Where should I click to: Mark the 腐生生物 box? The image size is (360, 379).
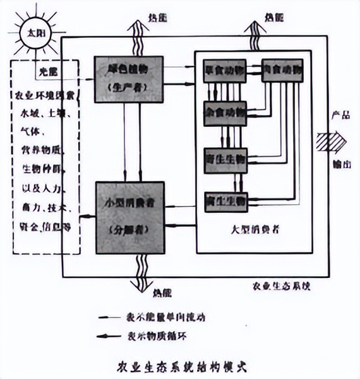click(x=225, y=201)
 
